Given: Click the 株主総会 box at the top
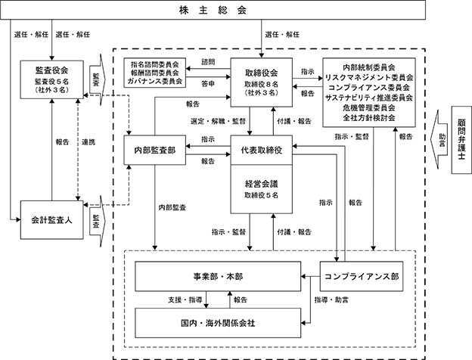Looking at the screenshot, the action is point(213,10).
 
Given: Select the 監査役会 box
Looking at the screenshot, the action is point(51,79).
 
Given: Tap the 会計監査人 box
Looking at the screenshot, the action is point(51,220).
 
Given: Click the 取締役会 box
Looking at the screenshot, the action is point(261,82).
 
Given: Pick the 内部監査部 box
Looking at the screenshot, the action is point(155,151).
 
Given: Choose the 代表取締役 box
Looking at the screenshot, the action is point(261,150).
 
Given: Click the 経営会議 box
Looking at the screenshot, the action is point(261,189).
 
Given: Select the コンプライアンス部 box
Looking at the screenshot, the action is point(362,276).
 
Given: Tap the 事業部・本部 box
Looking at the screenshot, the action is point(218,276).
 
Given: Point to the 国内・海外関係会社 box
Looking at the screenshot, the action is point(218,323).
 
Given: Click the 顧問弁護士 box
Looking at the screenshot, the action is point(461,140).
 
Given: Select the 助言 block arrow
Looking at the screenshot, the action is point(439,140).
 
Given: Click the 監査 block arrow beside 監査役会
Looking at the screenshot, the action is point(98,79).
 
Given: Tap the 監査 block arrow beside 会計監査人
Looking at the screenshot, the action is point(98,222).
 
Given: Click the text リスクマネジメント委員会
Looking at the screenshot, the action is point(369,78).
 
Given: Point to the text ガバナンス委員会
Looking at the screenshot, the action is point(155,81).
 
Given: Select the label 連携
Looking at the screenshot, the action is point(88,142).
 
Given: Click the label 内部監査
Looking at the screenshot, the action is point(172,207).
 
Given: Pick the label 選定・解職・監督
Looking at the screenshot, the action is point(219,121).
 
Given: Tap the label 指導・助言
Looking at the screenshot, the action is point(331,299).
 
